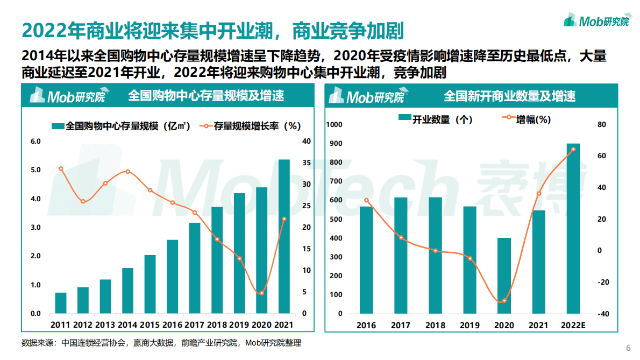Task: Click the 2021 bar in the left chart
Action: [x=283, y=237]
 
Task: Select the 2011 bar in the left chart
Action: [x=61, y=303]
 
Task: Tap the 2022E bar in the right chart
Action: [x=573, y=228]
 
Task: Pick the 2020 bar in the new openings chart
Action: [x=504, y=276]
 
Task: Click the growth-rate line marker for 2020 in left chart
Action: [x=261, y=293]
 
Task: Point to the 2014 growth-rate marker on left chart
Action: [x=127, y=172]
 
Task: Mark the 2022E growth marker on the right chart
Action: [x=573, y=149]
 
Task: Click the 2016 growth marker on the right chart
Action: [x=366, y=201]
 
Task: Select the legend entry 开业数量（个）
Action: [x=435, y=119]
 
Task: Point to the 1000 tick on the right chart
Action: [x=335, y=125]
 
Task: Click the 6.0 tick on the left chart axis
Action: [x=35, y=142]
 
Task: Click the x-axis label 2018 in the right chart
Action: [x=435, y=326]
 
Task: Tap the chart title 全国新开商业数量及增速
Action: [x=509, y=96]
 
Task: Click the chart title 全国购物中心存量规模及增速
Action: [x=206, y=96]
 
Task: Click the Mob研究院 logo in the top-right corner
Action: [x=596, y=20]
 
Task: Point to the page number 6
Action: [x=629, y=347]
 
